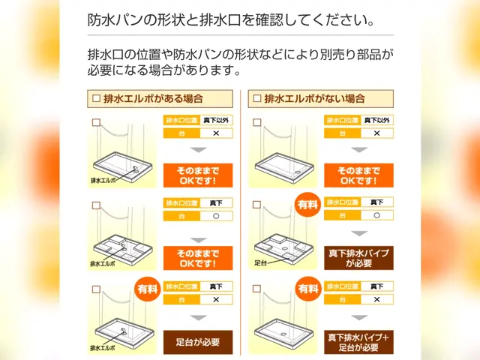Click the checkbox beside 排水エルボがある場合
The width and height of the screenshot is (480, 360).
tap(95, 98)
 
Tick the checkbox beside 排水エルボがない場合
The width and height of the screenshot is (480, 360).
tap(258, 98)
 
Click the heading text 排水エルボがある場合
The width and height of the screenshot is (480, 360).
tap(153, 98)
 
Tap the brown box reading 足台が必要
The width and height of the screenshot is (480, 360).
tap(198, 342)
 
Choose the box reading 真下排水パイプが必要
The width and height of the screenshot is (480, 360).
tap(359, 258)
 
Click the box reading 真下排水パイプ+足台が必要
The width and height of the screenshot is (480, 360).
tap(359, 342)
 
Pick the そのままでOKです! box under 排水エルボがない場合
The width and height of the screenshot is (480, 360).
tap(359, 175)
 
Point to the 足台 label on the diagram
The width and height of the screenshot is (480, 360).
tap(261, 263)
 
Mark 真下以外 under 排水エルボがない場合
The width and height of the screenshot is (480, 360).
tap(377, 119)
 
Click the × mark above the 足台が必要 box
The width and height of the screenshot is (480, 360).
tap(216, 299)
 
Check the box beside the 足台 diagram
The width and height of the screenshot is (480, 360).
tap(256, 204)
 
